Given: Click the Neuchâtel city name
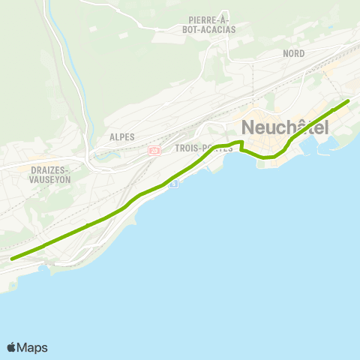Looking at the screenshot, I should pyautogui.click(x=285, y=127).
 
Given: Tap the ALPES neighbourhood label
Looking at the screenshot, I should pyautogui.click(x=121, y=136).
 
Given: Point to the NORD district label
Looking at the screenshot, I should pyautogui.click(x=293, y=54).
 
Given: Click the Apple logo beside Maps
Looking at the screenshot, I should pyautogui.click(x=11, y=347).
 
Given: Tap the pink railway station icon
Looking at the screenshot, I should pyautogui.click(x=154, y=150).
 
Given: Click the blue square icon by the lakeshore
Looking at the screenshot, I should pyautogui.click(x=173, y=184).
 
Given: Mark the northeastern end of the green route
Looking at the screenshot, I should pyautogui.click(x=348, y=101).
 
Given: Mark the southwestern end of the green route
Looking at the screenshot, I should pyautogui.click(x=12, y=258).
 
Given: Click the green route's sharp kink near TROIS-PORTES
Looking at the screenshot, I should pyautogui.click(x=241, y=142).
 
